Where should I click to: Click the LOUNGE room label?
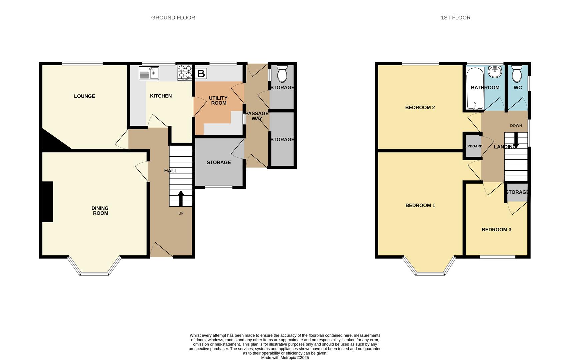84,96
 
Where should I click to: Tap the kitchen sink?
149,73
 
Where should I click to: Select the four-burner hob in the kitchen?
185,73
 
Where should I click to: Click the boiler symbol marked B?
201,74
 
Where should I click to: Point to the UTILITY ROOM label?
218,100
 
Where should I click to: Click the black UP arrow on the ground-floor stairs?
181,198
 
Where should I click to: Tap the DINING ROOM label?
100,211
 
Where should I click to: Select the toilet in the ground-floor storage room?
282,74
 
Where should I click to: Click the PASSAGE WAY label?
257,116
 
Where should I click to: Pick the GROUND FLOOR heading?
173,18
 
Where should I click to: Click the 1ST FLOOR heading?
455,18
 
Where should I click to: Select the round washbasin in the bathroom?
495,72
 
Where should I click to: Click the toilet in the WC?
517,74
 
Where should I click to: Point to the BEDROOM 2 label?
420,107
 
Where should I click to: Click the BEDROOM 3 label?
496,229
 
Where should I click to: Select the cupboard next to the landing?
473,146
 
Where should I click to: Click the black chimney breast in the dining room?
48,201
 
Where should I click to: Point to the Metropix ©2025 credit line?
285,357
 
